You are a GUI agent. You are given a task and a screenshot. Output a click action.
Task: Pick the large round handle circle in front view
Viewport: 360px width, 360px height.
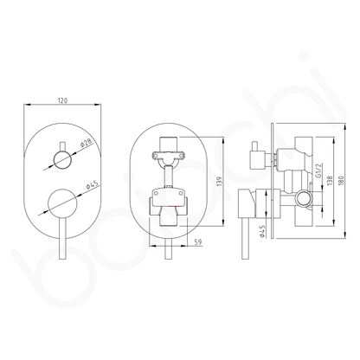pos(62,206)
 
